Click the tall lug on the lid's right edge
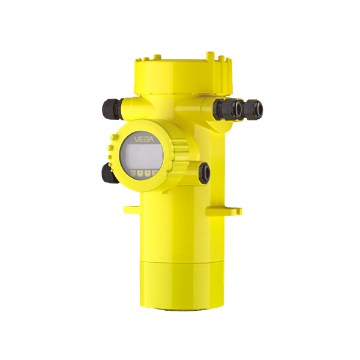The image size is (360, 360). [x=211, y=57]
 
